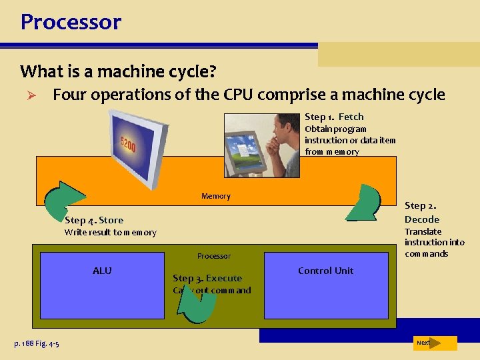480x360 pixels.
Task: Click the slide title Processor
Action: pyautogui.click(x=71, y=22)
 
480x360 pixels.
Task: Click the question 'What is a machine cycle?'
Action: pyautogui.click(x=118, y=71)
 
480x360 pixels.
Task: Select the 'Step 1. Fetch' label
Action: pyautogui.click(x=334, y=117)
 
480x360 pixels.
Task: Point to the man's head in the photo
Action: pyautogui.click(x=287, y=127)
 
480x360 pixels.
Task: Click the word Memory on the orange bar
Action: pyautogui.click(x=215, y=196)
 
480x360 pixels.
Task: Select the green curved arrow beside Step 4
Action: pyautogui.click(x=63, y=198)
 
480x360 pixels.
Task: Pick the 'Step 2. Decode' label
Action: pyautogui.click(x=421, y=213)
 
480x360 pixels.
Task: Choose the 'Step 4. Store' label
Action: pyautogui.click(x=94, y=220)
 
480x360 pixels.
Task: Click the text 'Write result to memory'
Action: pyautogui.click(x=110, y=233)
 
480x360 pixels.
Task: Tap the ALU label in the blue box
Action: pyautogui.click(x=102, y=271)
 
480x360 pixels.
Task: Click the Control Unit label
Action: pyautogui.click(x=325, y=271)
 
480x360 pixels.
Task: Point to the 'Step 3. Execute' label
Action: pyautogui.click(x=207, y=278)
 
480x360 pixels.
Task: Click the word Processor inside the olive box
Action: pyautogui.click(x=213, y=256)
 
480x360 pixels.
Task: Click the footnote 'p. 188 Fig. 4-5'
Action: pyautogui.click(x=37, y=343)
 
